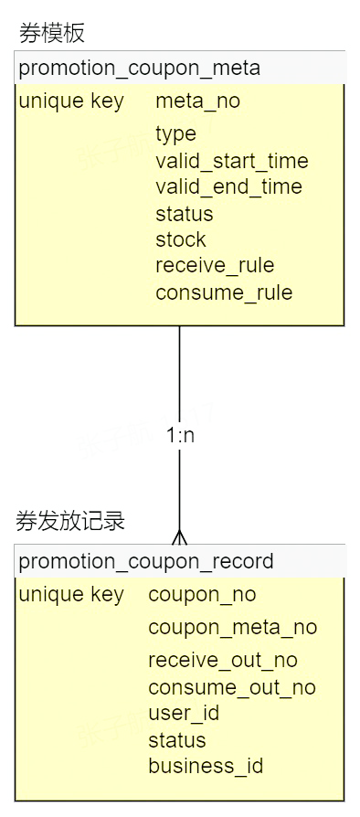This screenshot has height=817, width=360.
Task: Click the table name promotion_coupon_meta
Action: click(139, 68)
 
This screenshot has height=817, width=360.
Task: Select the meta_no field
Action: click(197, 101)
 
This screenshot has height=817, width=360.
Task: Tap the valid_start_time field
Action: click(231, 162)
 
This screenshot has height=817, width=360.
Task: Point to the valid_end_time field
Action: click(228, 187)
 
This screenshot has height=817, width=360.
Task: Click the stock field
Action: click(181, 239)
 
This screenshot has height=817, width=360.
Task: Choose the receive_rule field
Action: click(215, 266)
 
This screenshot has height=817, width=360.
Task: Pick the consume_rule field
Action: click(224, 292)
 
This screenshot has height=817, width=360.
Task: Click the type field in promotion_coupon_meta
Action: click(175, 134)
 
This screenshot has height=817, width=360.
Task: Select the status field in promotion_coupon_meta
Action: click(185, 214)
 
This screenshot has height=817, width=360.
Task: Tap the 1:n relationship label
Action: click(180, 436)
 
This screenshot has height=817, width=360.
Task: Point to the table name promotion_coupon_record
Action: click(146, 561)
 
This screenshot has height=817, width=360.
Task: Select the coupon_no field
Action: click(202, 595)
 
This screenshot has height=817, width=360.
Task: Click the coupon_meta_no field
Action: click(232, 628)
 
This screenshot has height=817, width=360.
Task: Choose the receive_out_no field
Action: click(222, 661)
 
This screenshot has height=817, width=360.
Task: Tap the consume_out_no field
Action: click(231, 687)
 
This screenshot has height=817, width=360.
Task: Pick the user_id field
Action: click(184, 713)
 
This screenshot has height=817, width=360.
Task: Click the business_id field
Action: click(206, 766)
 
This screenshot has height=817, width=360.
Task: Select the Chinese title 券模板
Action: click(52, 34)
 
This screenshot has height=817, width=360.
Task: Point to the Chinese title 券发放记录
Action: click(70, 522)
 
